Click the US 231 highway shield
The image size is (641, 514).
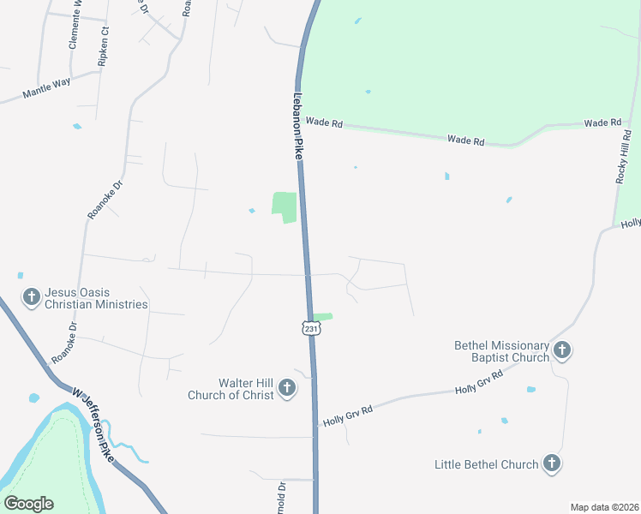point(310,328)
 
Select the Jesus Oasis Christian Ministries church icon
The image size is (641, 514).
point(31,297)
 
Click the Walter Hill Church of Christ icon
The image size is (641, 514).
point(287,389)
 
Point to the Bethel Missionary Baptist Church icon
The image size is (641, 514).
point(562,350)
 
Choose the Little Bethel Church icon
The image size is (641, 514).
point(553,464)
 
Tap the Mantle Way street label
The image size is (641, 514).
point(46,88)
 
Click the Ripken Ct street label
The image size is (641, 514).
point(105,42)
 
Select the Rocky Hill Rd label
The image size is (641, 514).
point(623,156)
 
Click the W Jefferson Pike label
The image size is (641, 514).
point(93,419)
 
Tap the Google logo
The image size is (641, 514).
point(28,504)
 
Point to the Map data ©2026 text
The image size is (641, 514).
point(603,507)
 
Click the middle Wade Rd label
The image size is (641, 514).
point(466,140)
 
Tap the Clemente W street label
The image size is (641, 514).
point(75,23)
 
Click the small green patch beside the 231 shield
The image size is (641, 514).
point(322,317)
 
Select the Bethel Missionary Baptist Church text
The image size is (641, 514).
point(501,351)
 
